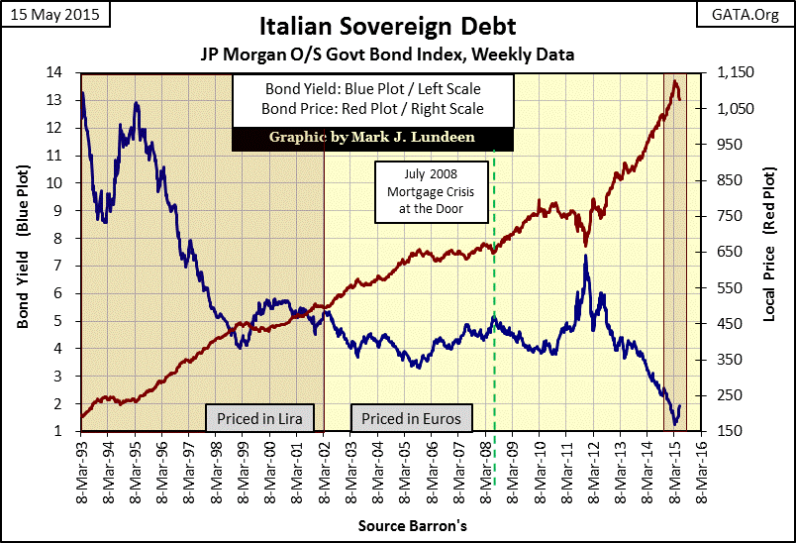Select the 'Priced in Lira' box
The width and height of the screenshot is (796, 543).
coord(259,418)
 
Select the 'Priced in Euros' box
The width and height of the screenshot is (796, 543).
coord(411,418)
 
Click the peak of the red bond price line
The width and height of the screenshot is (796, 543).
coord(674,81)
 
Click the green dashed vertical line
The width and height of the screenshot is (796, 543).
coord(494,297)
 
